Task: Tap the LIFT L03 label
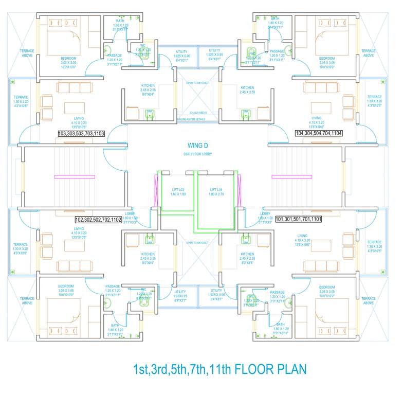[x=178, y=190]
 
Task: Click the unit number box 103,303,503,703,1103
[x=82, y=133]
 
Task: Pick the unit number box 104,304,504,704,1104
[x=319, y=133]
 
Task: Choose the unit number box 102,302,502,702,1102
[x=98, y=219]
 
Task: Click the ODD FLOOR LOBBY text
[x=198, y=154]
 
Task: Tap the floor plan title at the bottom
[x=219, y=369]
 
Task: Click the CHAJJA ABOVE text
[x=198, y=112]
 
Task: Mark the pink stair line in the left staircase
[x=74, y=177]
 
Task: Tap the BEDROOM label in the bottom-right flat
[x=327, y=286]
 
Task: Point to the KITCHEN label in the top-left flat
[x=148, y=86]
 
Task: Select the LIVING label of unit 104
[x=317, y=118]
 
